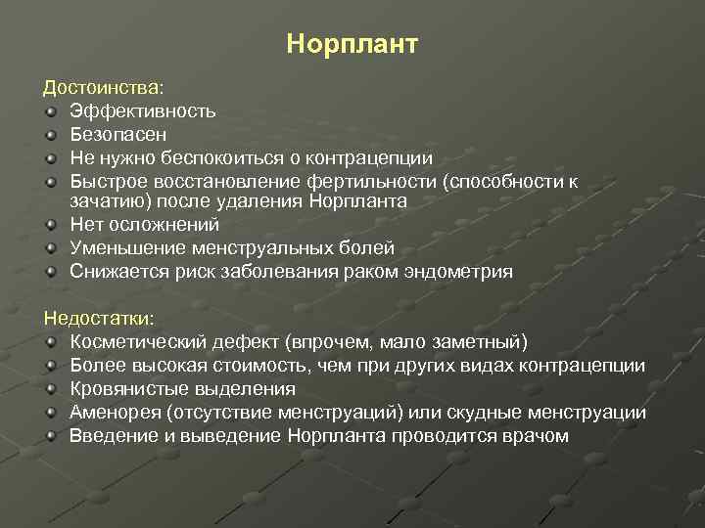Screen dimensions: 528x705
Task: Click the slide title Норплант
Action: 352,45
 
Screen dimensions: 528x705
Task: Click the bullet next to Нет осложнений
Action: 52,226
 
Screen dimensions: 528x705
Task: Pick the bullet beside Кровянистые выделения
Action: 52,390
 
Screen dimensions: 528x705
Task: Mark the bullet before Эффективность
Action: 52,112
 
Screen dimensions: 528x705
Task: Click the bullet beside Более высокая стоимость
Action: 52,367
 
